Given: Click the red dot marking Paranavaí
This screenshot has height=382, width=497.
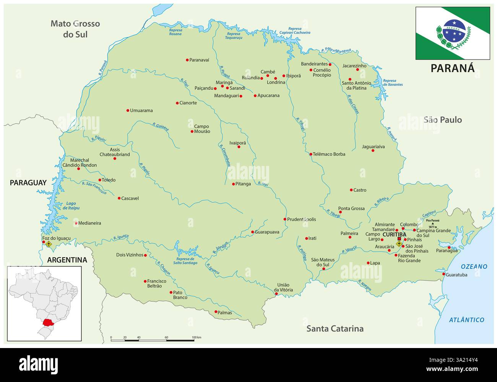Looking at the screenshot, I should pos(187,60).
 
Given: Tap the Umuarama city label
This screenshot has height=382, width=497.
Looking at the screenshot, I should pos(141,111).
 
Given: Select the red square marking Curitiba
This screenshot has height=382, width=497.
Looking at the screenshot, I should pos(399,239).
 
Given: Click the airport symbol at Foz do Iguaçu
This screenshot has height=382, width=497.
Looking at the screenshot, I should pos(49,244).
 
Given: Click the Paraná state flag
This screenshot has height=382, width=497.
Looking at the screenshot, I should pos(453,33).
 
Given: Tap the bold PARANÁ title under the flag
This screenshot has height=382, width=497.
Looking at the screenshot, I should pos(452,68).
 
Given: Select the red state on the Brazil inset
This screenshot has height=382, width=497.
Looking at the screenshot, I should pos(49,322).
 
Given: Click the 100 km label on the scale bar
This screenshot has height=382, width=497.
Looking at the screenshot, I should pos(196,338).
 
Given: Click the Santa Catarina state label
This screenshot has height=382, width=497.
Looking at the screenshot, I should pos(335,328).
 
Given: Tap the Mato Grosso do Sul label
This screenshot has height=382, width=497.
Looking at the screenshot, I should pos(75,29).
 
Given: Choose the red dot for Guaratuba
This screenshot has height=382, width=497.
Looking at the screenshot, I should pos(443,274).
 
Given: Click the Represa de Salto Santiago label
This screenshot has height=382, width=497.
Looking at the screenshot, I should pos(185,261).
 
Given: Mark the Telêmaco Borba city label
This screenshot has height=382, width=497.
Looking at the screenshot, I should pos(329,154).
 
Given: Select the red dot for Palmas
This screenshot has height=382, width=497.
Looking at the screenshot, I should pos(216,312).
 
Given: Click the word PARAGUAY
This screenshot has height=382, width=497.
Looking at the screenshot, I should pos(28,183).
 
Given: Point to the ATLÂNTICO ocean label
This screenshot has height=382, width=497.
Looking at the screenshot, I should pos(466,320).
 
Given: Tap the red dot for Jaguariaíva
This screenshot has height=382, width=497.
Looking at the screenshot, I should pos(373,150).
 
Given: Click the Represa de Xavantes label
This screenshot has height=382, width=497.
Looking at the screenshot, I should pos(393,82).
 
